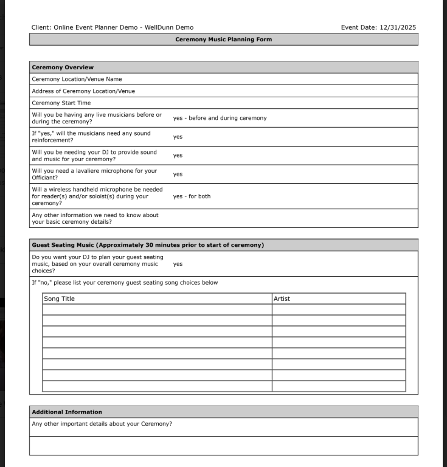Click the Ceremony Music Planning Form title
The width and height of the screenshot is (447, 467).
click(x=223, y=40)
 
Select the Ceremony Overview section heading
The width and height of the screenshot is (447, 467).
click(x=63, y=67)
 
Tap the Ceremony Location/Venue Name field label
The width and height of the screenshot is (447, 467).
click(x=77, y=79)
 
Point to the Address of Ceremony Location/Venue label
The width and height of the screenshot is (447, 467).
click(x=83, y=91)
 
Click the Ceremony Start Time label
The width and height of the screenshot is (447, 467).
click(x=61, y=103)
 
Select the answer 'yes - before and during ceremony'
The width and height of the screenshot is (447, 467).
click(x=220, y=118)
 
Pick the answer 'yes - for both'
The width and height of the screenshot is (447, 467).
click(x=192, y=196)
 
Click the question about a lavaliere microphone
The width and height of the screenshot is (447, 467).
click(x=94, y=174)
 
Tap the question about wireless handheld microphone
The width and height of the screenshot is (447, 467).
click(x=97, y=196)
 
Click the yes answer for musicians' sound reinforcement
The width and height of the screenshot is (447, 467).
click(x=178, y=137)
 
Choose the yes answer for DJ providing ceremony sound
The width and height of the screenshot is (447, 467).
click(x=178, y=156)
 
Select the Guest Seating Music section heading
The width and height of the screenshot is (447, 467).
click(x=147, y=245)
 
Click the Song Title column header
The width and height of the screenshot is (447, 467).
click(x=59, y=299)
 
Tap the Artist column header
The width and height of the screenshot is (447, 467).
click(x=282, y=299)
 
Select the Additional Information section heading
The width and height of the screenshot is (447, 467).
click(x=67, y=412)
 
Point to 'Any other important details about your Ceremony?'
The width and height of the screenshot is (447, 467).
click(x=102, y=424)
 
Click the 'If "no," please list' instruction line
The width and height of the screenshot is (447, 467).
click(x=125, y=283)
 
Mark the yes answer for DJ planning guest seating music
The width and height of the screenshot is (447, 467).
click(x=178, y=265)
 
